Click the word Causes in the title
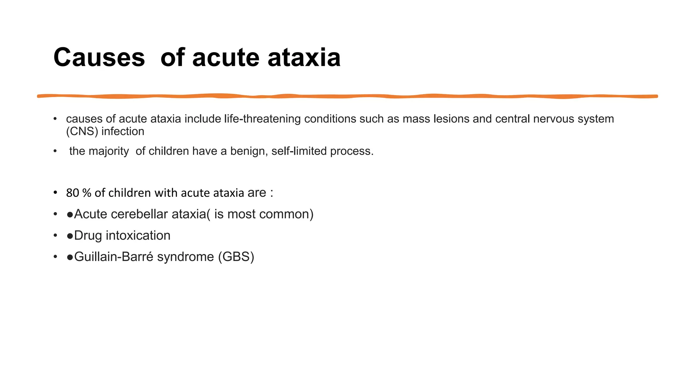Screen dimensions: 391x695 click(x=99, y=57)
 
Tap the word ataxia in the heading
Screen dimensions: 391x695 click(x=304, y=57)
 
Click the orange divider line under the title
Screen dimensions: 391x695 click(x=347, y=96)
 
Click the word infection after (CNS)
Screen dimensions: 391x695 click(x=123, y=131)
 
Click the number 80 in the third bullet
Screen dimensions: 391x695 click(x=72, y=193)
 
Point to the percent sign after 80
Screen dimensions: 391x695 click(x=87, y=193)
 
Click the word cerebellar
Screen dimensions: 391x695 click(x=139, y=214)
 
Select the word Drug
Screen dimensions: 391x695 click(x=88, y=236)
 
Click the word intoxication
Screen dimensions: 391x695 click(x=138, y=236)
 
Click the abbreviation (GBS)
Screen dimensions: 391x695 click(x=236, y=257)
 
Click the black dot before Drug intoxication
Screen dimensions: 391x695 click(x=70, y=236)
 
